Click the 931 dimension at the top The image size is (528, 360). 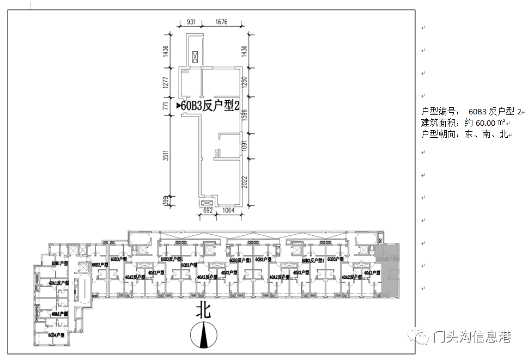pyautogui.click(x=191, y=22)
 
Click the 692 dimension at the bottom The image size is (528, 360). pyautogui.click(x=207, y=210)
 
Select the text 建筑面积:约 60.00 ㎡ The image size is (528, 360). pyautogui.click(x=464, y=123)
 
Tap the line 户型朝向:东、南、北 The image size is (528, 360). pyautogui.click(x=465, y=134)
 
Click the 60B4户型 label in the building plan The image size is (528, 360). pyautogui.click(x=56, y=335)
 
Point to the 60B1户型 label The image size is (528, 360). pyautogui.click(x=59, y=264)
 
